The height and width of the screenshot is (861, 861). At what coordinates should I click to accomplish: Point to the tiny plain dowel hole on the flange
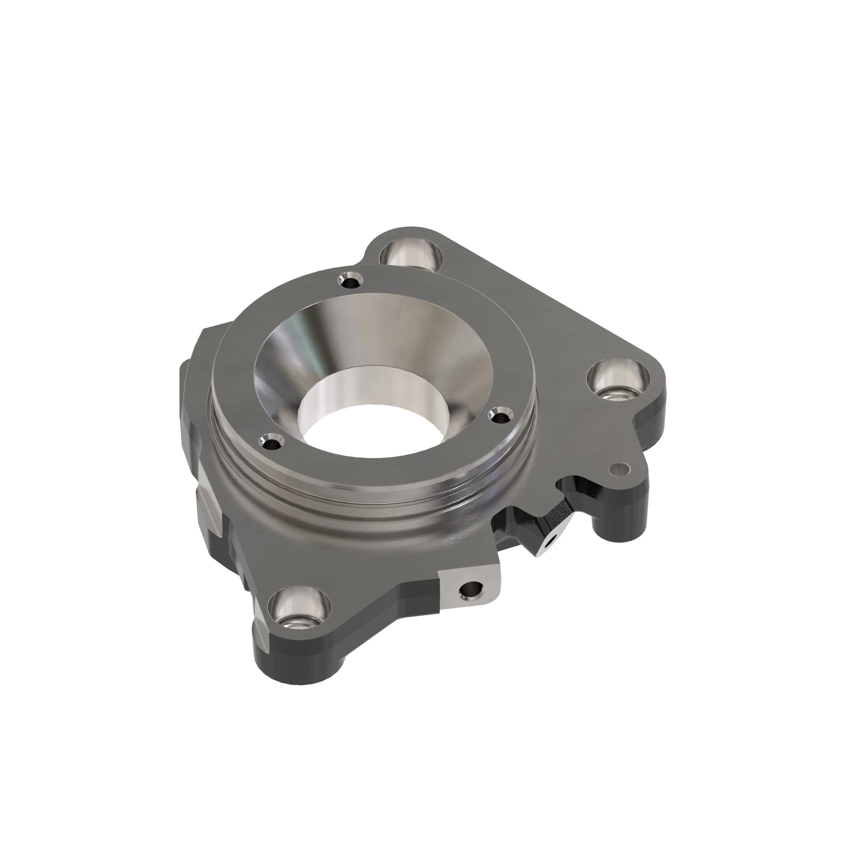pos(619,468)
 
